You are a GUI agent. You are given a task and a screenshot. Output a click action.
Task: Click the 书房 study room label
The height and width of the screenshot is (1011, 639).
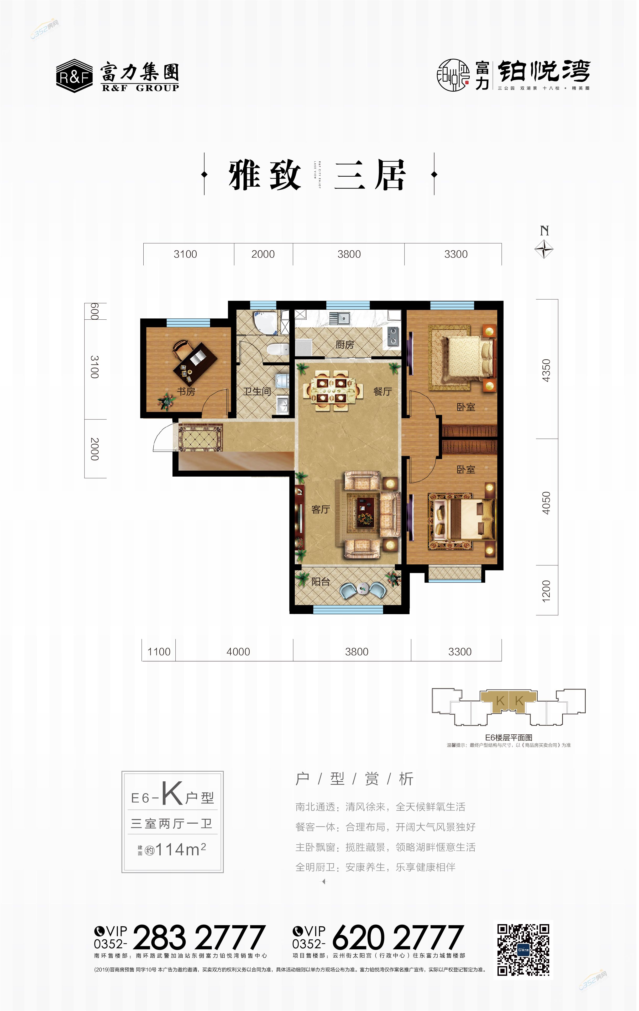tap(186, 391)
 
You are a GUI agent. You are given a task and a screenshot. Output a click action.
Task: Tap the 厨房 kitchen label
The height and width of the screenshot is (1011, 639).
tap(345, 344)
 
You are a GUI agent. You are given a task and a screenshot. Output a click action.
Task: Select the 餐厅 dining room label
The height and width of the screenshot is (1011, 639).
tap(383, 391)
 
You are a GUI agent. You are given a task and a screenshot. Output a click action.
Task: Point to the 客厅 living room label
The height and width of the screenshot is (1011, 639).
tap(321, 509)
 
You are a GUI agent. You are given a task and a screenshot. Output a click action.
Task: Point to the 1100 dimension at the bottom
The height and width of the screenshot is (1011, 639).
tap(159, 652)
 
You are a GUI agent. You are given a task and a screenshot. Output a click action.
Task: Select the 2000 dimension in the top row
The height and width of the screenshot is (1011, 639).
tap(263, 254)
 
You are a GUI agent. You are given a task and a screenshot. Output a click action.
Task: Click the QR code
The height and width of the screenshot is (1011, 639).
tap(523, 950)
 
